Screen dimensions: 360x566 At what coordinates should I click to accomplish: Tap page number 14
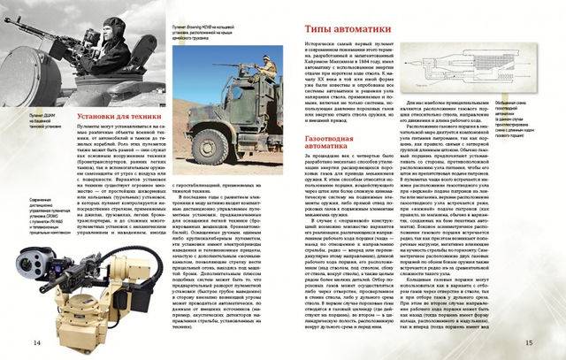click(12, 342)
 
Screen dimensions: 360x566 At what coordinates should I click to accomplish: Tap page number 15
click(553, 342)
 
